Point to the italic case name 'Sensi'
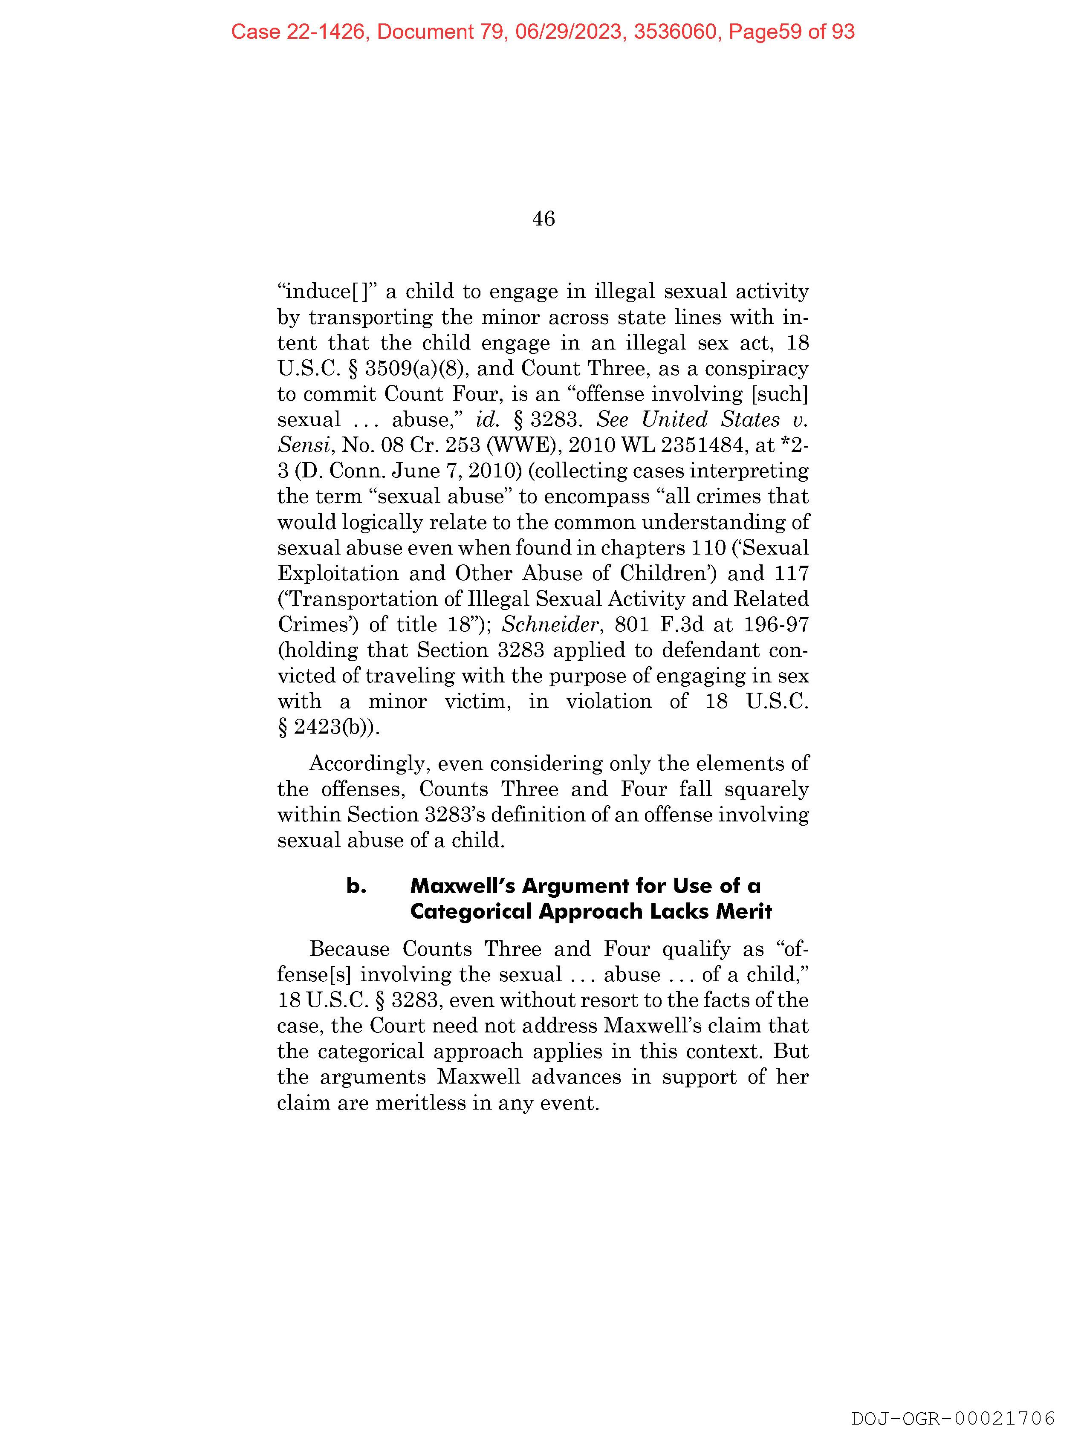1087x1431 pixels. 303,445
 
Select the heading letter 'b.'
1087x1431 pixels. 356,886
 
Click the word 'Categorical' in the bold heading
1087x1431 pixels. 470,911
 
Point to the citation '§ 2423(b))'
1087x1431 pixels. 329,727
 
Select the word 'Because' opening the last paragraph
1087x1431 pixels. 350,948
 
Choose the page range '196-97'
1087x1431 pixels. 776,624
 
